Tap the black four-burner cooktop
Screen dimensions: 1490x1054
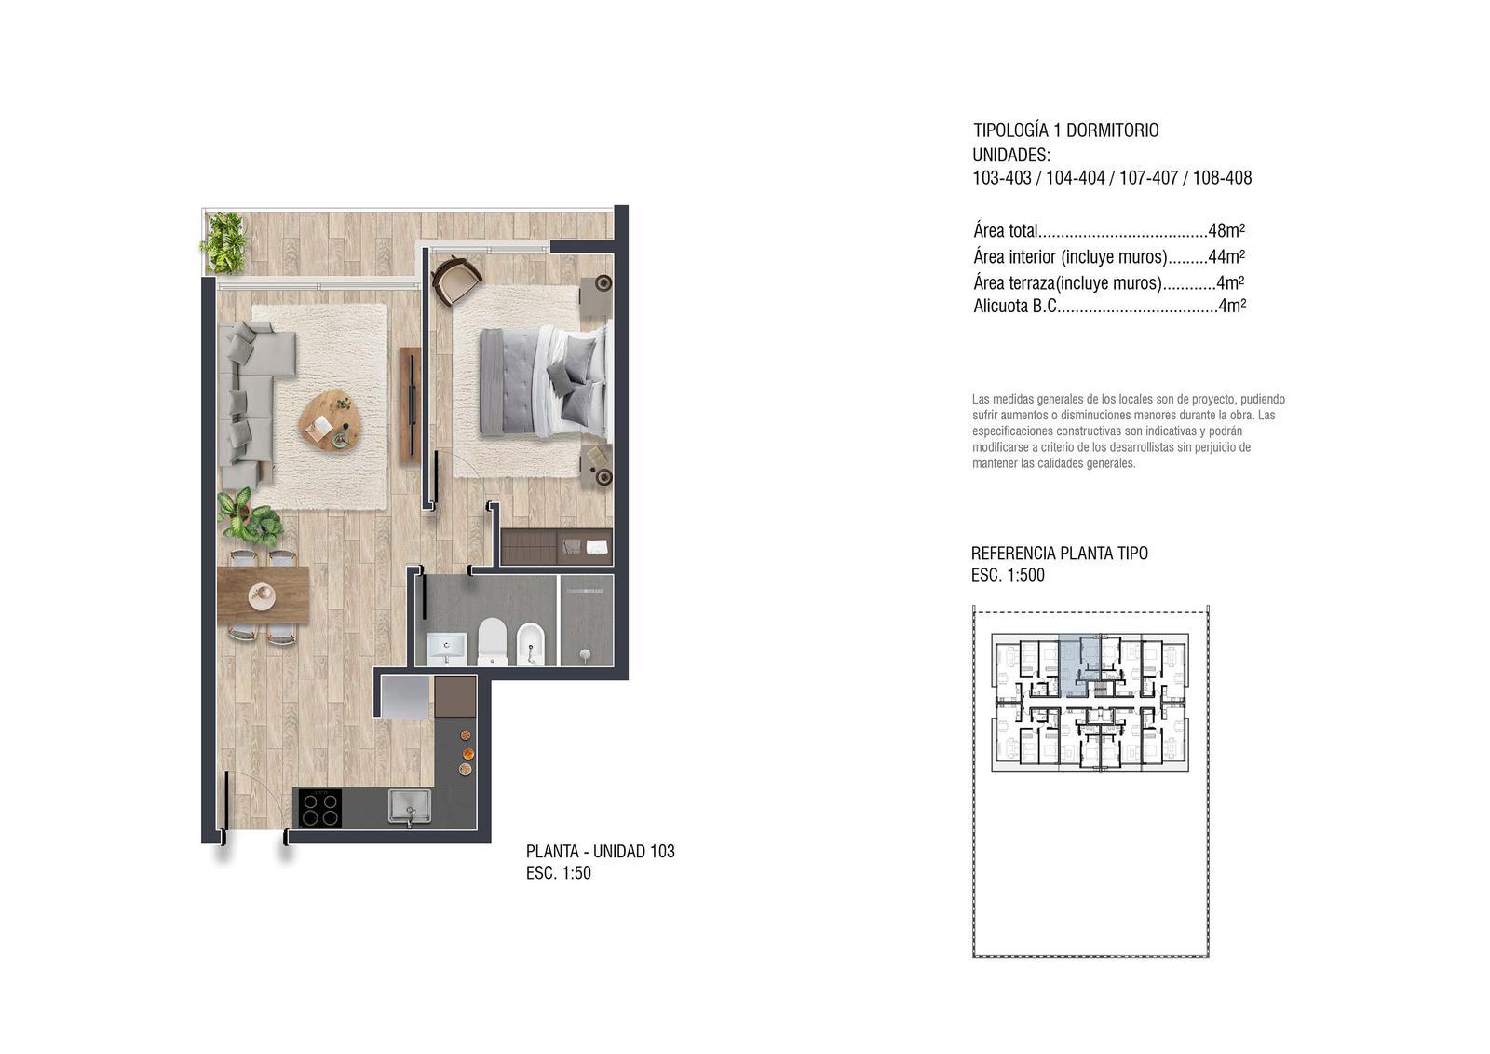pos(320,807)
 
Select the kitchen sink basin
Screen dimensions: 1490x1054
pos(410,806)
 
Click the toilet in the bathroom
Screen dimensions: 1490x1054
pos(493,641)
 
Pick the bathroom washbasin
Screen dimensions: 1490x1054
pos(446,649)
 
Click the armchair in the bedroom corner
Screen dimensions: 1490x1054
pos(456,279)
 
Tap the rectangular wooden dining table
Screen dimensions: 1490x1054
pos(263,595)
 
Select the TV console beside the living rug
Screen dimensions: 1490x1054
pos(410,404)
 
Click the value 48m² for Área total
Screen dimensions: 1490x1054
pos(1226,230)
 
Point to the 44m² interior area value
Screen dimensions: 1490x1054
pos(1226,256)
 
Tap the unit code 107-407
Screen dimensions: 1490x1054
pos(1149,178)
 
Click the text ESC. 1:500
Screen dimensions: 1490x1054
pos(1008,575)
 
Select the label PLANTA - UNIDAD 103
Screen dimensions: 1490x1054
pos(600,851)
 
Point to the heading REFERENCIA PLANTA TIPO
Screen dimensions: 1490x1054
pos(1060,554)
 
